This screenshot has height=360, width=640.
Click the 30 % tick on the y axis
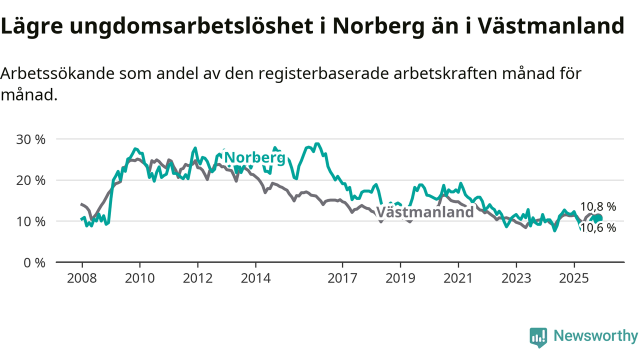point(31,139)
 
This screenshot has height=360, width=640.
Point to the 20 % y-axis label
point(31,180)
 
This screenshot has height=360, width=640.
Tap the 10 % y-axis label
point(31,221)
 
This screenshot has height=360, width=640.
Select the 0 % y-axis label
point(35,262)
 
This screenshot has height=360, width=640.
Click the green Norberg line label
point(255,158)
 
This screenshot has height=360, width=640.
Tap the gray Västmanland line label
point(424,212)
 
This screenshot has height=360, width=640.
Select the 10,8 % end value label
point(598,206)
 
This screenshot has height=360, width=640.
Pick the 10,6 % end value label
point(598,228)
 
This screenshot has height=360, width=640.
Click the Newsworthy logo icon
point(538,337)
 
